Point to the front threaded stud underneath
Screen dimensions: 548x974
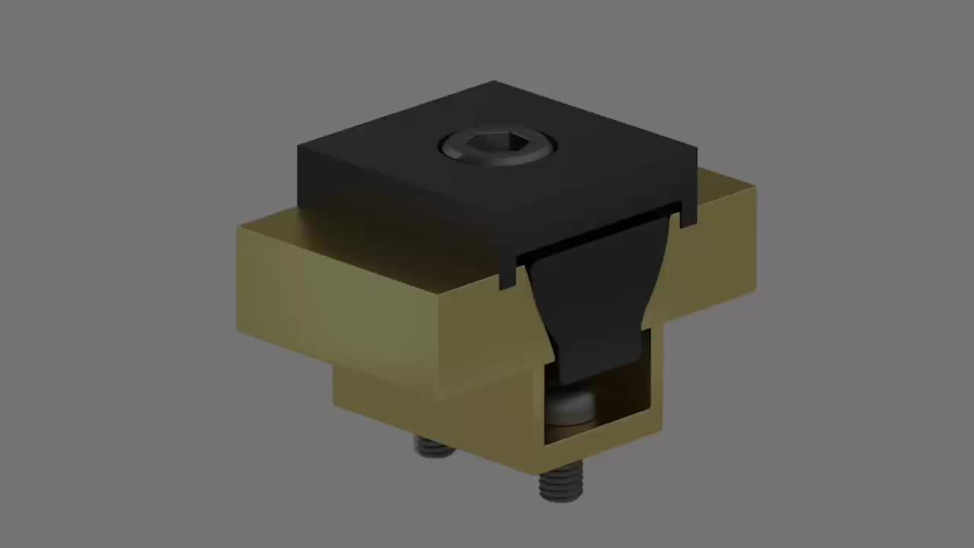[561, 483]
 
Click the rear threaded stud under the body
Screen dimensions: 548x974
[434, 446]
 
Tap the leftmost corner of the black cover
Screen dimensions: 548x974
[298, 148]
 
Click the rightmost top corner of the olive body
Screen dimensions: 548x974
[754, 186]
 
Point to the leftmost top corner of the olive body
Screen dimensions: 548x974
[239, 227]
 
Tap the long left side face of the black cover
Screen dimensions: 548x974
[396, 213]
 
